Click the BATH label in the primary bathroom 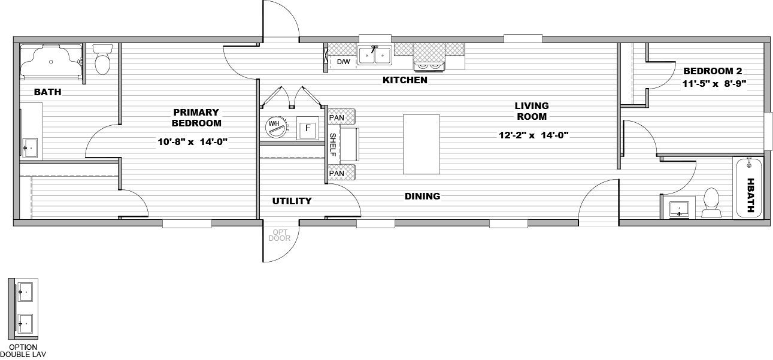click(x=47, y=92)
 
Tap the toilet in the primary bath click(x=103, y=61)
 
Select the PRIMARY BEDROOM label click(x=196, y=117)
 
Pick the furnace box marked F click(x=308, y=128)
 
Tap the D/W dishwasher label click(x=343, y=62)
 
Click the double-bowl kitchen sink click(x=374, y=56)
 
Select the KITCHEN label click(x=405, y=80)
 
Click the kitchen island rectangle click(x=421, y=144)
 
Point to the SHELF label click(x=334, y=144)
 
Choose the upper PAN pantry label click(x=337, y=117)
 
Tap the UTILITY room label click(x=292, y=201)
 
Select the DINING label click(x=422, y=196)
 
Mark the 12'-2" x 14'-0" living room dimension click(x=533, y=135)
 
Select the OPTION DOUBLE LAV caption click(x=23, y=350)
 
